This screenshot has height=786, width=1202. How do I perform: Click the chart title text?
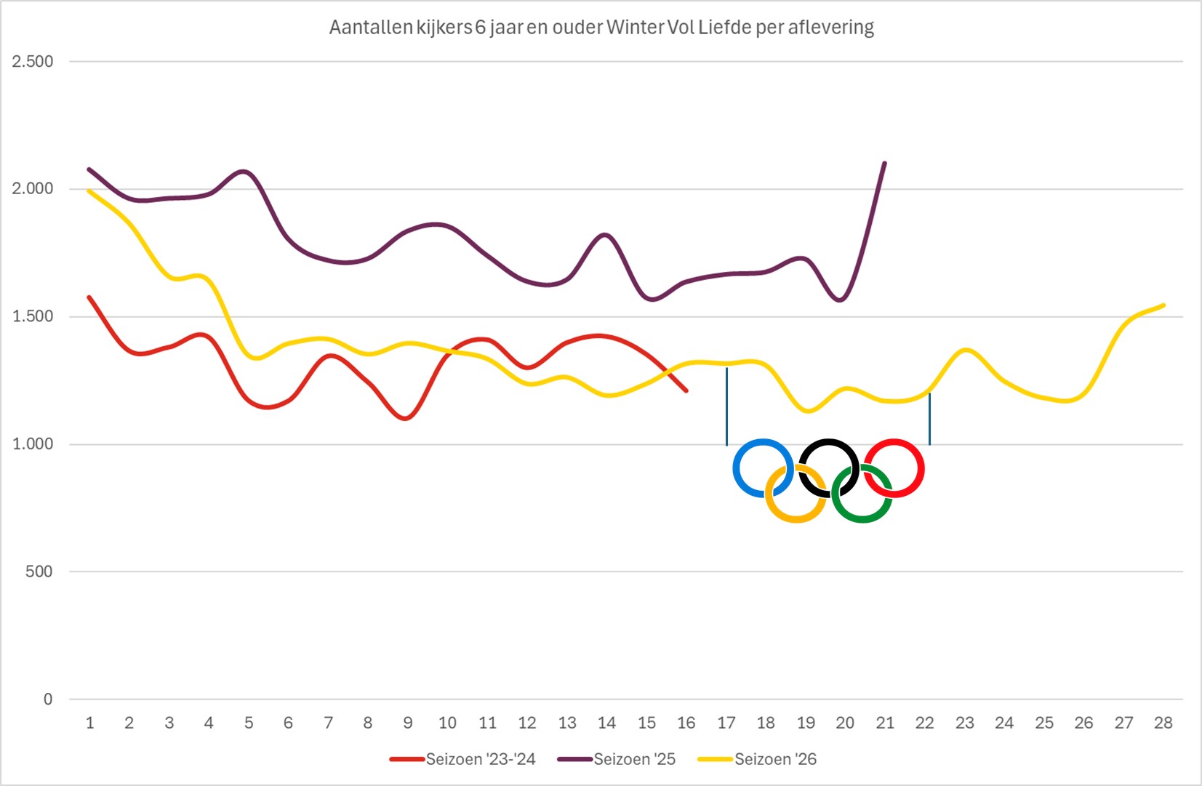click(601, 28)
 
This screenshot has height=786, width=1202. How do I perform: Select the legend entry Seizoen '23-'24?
click(480, 759)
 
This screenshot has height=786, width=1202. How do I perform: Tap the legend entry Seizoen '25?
click(634, 759)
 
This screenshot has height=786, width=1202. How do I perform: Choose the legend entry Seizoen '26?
click(775, 759)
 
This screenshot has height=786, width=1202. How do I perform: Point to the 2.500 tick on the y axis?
click(33, 62)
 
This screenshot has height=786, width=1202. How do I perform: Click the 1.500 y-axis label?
click(33, 316)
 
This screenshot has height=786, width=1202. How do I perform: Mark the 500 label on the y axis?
click(39, 572)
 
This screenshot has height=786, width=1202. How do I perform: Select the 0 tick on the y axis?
click(48, 699)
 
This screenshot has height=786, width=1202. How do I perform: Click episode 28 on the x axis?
click(1163, 723)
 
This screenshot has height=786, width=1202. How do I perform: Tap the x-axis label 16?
click(686, 723)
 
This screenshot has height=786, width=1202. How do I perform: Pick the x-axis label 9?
click(408, 723)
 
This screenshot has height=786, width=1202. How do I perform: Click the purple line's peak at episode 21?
click(884, 163)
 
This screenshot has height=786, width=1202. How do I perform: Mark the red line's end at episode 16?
click(686, 391)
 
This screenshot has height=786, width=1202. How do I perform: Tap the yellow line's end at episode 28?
click(1163, 305)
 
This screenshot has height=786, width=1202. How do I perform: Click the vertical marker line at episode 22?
click(929, 420)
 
